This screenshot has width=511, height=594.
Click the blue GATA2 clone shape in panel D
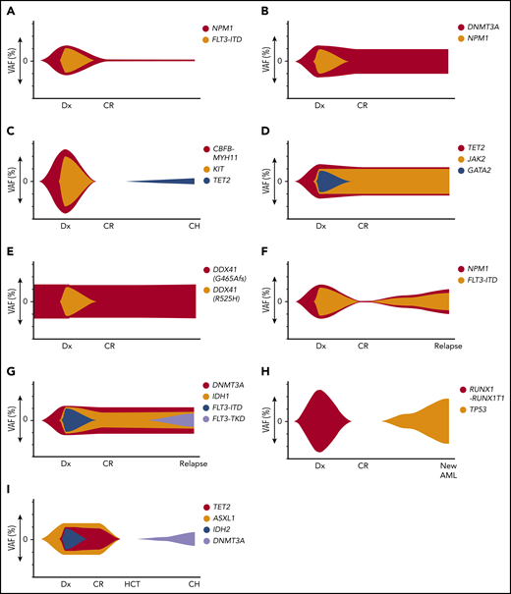[x=329, y=181]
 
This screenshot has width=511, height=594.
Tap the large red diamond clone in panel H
[x=319, y=421]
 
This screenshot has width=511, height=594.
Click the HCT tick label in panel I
[x=131, y=583]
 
